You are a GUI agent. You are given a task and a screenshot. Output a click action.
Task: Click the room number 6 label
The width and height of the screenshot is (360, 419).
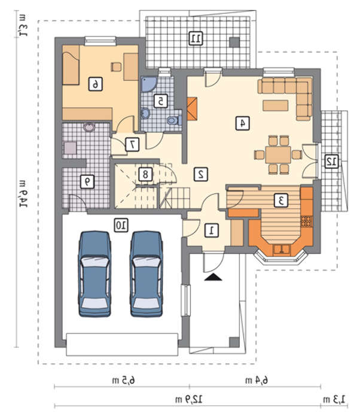(95, 84)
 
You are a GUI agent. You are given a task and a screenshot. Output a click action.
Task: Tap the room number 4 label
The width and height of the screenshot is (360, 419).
(243, 123)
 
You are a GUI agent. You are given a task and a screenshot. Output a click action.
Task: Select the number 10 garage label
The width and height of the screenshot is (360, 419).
(121, 225)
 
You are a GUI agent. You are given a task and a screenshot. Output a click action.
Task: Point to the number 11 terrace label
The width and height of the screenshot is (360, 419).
(196, 38)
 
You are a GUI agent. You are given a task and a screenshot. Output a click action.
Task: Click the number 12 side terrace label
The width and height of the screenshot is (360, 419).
(331, 161)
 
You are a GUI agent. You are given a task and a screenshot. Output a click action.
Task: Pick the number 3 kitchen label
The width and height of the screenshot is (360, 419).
(281, 201)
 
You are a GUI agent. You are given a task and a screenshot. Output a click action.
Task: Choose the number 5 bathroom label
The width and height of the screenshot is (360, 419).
(161, 101)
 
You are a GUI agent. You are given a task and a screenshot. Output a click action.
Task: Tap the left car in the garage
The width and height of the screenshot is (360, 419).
(94, 274)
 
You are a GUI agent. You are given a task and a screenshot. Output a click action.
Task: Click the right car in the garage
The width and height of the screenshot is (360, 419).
(147, 274)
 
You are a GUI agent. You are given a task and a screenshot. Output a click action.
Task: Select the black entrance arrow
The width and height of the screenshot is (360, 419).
(213, 277)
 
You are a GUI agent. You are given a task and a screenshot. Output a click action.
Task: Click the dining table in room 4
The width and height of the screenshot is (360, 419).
(278, 154)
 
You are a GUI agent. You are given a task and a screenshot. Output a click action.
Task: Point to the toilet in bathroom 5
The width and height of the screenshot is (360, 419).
(174, 120)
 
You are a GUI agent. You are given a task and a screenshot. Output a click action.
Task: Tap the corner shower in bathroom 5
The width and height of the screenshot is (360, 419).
(148, 84)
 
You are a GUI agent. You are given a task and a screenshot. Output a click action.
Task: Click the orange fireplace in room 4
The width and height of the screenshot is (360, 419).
(192, 109)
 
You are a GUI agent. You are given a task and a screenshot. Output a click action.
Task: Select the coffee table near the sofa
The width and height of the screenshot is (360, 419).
(275, 105)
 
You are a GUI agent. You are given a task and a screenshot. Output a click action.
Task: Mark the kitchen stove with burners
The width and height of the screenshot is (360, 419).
(307, 221)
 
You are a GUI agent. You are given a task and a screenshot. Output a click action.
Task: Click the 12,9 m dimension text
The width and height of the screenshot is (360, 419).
(189, 399)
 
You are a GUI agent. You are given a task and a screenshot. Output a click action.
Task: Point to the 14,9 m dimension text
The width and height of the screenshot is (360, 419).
(23, 194)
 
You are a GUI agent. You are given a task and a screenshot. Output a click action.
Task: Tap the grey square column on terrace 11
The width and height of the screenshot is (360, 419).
(234, 42)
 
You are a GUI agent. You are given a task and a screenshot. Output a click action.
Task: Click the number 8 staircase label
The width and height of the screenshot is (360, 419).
(145, 174)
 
